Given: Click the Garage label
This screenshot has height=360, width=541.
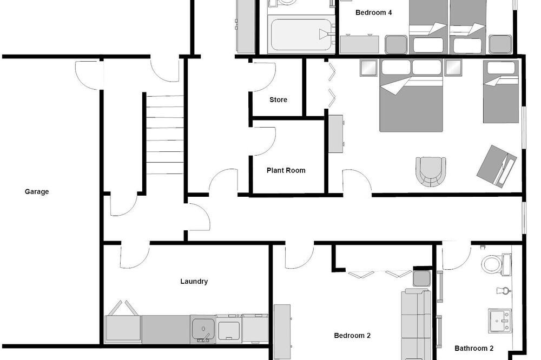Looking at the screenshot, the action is (x=37, y=192).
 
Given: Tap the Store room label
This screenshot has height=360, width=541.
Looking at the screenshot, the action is (x=278, y=99).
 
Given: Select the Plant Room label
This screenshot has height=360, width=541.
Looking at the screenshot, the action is (x=286, y=170).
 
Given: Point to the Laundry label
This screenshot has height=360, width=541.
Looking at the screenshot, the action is (x=194, y=282).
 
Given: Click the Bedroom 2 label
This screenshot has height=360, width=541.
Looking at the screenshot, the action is (x=352, y=336).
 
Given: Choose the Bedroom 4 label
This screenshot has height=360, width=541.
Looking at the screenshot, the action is (x=373, y=13).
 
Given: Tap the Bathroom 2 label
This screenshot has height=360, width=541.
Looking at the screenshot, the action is (x=474, y=348).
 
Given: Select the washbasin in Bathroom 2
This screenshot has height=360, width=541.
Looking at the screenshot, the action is (x=499, y=321).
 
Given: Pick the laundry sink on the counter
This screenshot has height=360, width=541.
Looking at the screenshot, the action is (x=203, y=329).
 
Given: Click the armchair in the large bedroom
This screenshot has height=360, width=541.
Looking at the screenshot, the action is (x=431, y=172).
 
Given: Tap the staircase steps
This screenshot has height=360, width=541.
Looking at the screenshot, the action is (x=165, y=135).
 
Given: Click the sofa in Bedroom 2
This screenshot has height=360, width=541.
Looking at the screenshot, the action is (x=416, y=324).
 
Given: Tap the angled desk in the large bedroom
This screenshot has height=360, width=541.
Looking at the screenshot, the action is (x=497, y=166).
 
